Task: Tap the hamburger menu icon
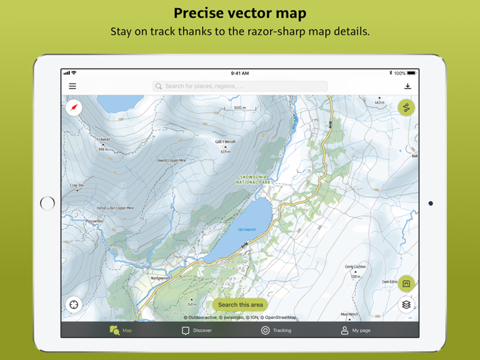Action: pos(72,86)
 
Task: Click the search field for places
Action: pos(240,86)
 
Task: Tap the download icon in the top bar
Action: pos(407,86)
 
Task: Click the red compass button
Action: pos(74,107)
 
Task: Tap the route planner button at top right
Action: pos(406,108)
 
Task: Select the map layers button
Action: pos(406,304)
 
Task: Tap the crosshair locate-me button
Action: pos(74,304)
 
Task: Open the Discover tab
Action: pos(197,331)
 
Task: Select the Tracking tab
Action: pos(276,331)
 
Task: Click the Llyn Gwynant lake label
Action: pos(247,230)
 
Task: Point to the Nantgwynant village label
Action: pos(160,278)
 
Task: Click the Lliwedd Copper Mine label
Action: pos(171,160)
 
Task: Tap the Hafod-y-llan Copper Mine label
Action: pos(115,208)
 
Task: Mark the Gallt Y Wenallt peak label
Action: pos(225,142)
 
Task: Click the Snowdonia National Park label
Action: pos(254,180)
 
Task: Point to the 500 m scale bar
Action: pos(240,108)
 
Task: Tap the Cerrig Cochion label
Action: pos(355,267)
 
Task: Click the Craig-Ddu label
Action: pos(77,185)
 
